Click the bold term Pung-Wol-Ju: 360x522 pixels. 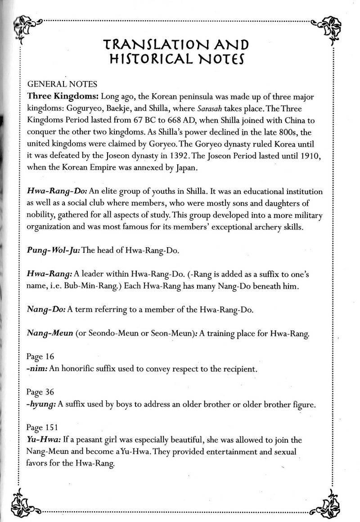[x=53, y=251]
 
